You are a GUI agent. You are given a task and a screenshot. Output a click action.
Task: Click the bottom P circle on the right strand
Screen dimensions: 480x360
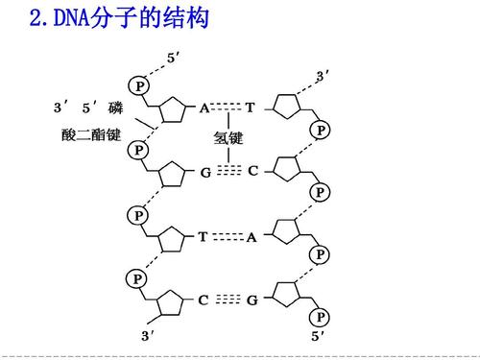tap(322, 316)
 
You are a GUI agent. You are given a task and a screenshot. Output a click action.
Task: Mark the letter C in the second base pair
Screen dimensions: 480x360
tap(252, 172)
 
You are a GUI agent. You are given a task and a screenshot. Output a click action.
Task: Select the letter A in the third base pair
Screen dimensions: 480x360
tap(252, 237)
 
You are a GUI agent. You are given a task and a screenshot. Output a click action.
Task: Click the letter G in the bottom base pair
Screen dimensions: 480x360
tap(252, 300)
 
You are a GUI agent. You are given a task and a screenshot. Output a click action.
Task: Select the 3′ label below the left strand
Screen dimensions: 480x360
tap(148, 336)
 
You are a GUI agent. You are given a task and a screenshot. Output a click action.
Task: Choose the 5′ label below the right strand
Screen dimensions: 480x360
tap(318, 336)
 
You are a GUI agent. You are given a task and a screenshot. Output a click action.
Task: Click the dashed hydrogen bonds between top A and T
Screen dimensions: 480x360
tap(228, 108)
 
